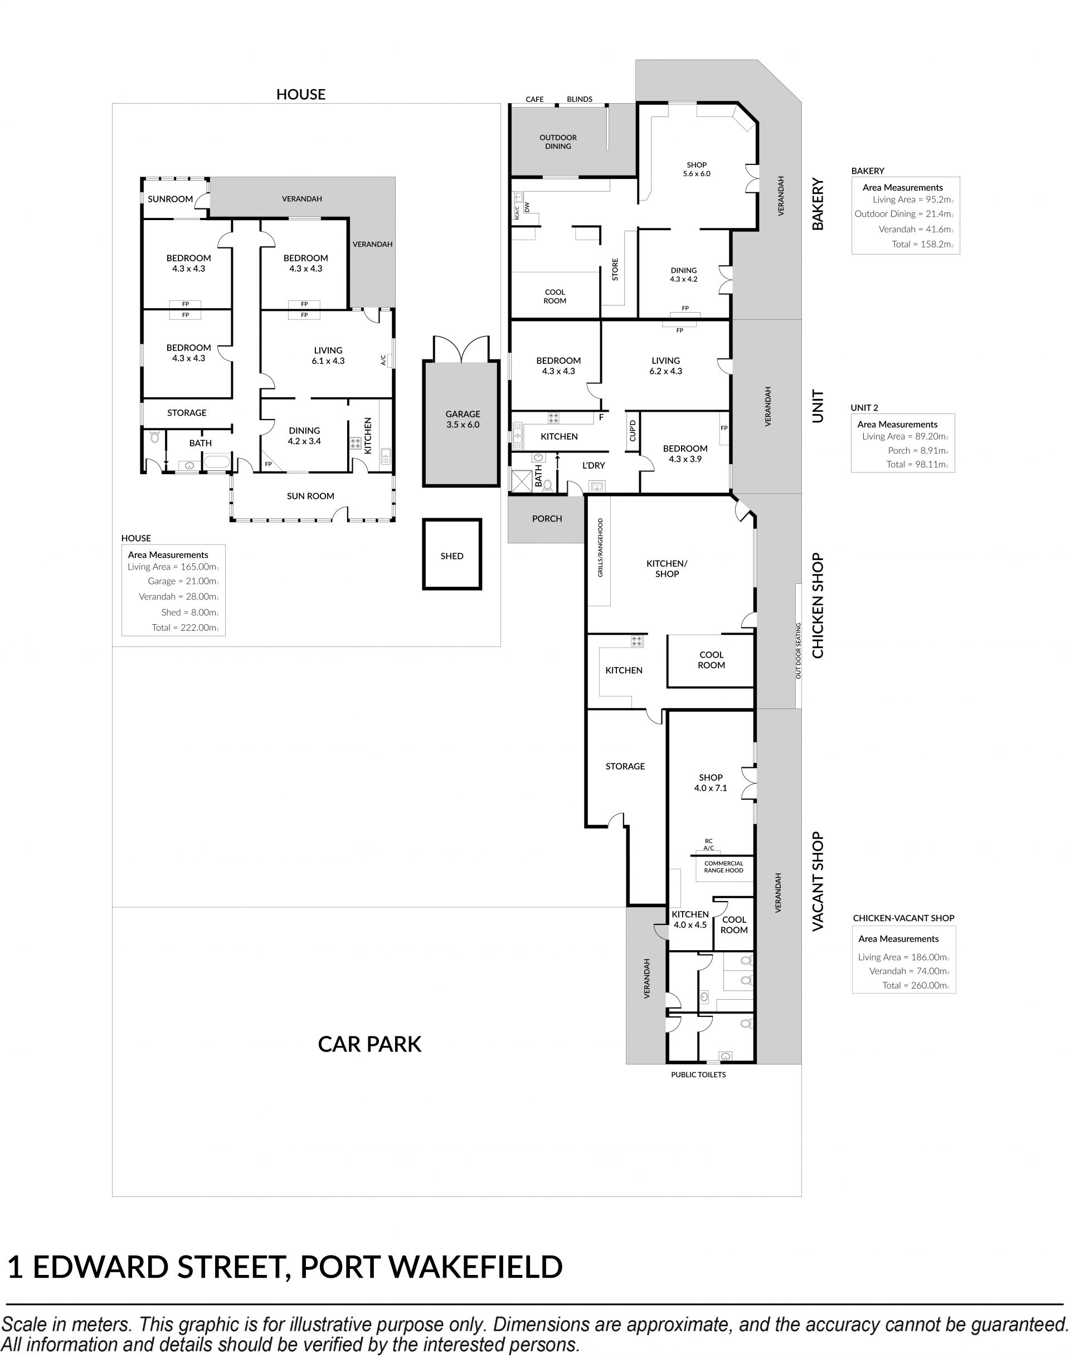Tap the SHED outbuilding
point(451,554)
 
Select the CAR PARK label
point(369,1044)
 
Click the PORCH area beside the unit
point(546,519)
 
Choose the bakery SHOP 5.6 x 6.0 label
point(697,169)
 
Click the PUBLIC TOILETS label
point(698,1074)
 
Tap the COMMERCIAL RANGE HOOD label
point(723,867)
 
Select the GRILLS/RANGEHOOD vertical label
point(600,547)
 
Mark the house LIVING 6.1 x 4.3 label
point(328,355)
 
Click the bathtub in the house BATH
point(217,464)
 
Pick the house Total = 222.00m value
point(185,627)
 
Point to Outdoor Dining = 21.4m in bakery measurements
point(903,214)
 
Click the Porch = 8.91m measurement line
point(918,450)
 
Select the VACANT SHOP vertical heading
point(818,882)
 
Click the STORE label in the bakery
point(615,269)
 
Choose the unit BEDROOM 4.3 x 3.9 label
point(685,454)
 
